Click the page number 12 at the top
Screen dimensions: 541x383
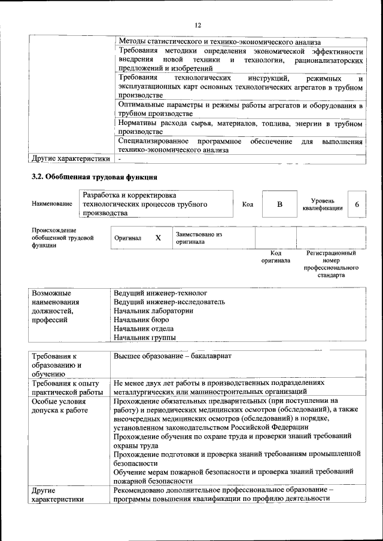(197, 25)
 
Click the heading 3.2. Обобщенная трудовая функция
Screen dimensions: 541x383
(95, 177)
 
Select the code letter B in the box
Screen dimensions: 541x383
(279, 204)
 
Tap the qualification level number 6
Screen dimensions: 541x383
(357, 204)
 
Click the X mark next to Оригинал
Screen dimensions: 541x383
(158, 238)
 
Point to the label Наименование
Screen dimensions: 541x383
(52, 204)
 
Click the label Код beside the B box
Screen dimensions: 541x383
(247, 204)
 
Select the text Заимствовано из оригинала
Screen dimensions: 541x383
(199, 239)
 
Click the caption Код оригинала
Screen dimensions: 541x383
(276, 256)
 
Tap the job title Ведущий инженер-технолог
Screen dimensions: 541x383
(160, 293)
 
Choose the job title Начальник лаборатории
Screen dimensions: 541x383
(153, 311)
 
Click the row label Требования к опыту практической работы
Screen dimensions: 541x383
(67, 387)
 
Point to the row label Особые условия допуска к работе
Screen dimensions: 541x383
(59, 405)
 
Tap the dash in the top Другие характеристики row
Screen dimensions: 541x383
(120, 159)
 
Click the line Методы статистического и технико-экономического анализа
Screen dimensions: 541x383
(220, 42)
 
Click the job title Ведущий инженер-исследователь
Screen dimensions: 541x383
(169, 302)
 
